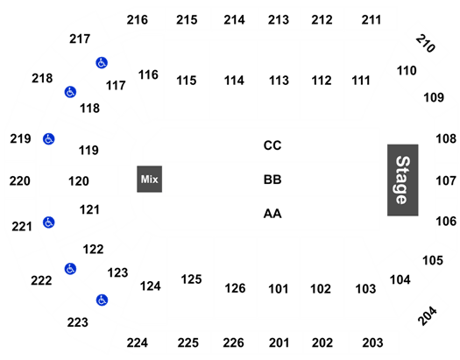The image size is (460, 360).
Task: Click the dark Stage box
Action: click(402, 180)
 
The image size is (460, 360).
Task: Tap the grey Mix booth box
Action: click(149, 179)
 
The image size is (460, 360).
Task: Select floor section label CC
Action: click(272, 145)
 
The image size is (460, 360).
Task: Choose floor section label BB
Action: click(272, 180)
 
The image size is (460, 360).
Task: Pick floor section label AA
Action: click(272, 214)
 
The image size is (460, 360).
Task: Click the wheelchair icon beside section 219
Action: click(49, 139)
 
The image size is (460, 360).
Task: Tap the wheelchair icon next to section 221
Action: click(49, 222)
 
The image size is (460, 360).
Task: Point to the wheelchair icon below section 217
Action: click(102, 63)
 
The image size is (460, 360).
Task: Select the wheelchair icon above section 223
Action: click(103, 300)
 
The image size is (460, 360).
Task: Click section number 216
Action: click(138, 20)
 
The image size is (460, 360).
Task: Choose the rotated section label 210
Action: click(426, 44)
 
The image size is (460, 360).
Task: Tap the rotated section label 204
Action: click(428, 315)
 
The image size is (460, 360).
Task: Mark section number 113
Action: click(279, 81)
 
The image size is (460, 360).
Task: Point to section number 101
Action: click(279, 289)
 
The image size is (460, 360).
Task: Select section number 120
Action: click(79, 181)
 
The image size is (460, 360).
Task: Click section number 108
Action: click(446, 139)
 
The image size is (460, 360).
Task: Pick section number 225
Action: click(188, 342)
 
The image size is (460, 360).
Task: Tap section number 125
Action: click(191, 279)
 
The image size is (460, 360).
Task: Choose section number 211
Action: click(372, 20)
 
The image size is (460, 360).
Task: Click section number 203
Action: click(372, 342)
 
